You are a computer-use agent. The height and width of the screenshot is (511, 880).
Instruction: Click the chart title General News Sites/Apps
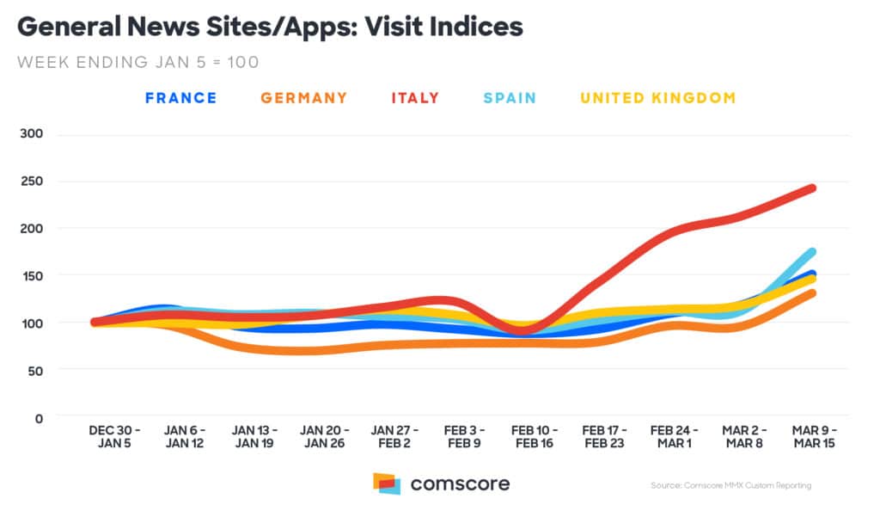[x=270, y=27]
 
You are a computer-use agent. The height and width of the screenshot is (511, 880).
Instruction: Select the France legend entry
[x=180, y=98]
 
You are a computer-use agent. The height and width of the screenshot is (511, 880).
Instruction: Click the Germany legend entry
[x=304, y=98]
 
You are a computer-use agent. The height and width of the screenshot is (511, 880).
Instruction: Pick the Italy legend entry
[x=415, y=98]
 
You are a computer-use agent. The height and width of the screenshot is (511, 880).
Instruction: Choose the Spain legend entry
[x=509, y=98]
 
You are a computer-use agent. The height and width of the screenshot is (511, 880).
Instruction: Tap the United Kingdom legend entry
[x=658, y=98]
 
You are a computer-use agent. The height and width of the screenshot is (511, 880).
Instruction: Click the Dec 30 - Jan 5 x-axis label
[x=114, y=436]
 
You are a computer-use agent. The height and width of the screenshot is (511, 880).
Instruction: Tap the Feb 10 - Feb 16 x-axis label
[x=533, y=436]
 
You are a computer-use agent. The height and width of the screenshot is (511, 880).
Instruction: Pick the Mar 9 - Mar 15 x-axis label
[x=812, y=436]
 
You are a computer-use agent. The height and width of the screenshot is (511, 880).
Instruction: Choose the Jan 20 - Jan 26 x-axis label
[x=324, y=436]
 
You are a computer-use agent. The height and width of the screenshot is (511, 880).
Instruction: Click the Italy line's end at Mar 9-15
[x=811, y=188]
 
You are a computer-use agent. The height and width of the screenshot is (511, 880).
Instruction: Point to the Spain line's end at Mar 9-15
[x=811, y=252]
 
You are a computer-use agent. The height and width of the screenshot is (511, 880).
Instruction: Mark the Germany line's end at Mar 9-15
[x=811, y=293]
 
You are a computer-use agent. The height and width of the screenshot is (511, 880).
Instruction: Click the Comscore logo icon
[x=387, y=483]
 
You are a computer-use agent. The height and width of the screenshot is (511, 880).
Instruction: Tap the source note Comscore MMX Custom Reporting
[x=730, y=486]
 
